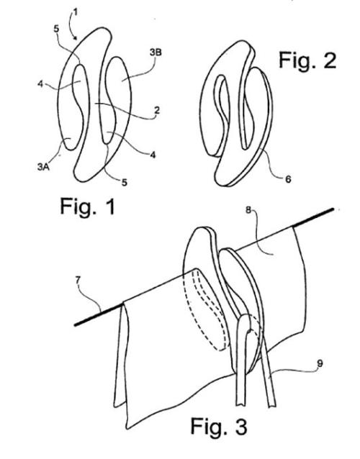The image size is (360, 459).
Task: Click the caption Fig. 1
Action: tap(88, 206)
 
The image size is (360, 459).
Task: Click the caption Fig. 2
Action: tap(307, 60)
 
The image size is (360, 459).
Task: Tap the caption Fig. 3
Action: tap(219, 426)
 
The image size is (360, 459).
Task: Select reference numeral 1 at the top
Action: tap(76, 12)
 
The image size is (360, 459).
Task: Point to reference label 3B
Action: tap(156, 53)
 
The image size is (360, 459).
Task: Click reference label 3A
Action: tap(43, 167)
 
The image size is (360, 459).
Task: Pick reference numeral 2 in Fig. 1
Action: tap(157, 110)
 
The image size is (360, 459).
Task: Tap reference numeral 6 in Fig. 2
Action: tap(288, 179)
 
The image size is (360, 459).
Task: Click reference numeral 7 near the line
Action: tap(78, 280)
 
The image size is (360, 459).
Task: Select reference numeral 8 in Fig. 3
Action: tap(248, 211)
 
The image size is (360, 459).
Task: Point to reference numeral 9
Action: tap(320, 363)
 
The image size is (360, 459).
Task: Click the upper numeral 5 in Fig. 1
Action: tap(57, 29)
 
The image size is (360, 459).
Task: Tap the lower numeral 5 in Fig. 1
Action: tap(125, 182)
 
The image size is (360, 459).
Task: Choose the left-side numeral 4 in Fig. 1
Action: tap(41, 84)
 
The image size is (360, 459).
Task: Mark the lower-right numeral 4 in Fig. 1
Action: tap(153, 154)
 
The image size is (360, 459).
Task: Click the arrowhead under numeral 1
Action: tap(76, 38)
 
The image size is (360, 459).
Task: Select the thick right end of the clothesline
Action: tap(313, 217)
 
